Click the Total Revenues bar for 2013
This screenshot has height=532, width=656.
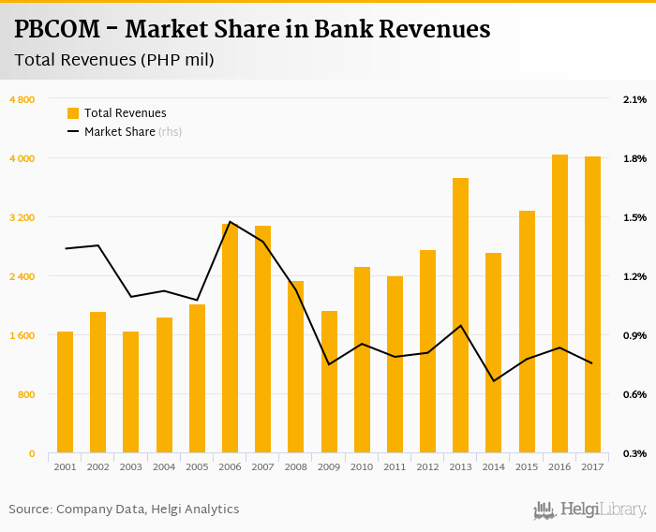pyautogui.click(x=460, y=316)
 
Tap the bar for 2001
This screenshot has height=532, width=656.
pyautogui.click(x=65, y=392)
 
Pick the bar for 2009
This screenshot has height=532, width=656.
pyautogui.click(x=329, y=382)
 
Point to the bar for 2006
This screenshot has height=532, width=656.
pyautogui.click(x=230, y=338)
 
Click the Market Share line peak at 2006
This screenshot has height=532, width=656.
pyautogui.click(x=230, y=222)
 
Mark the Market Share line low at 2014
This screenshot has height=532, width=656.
pyautogui.click(x=493, y=381)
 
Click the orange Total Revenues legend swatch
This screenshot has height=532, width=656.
pyautogui.click(x=73, y=113)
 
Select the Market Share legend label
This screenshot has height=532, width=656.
pyautogui.click(x=120, y=132)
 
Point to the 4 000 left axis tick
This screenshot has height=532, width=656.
pyautogui.click(x=22, y=158)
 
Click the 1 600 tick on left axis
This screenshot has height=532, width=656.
pyautogui.click(x=22, y=335)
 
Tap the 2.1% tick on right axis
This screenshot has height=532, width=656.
pyautogui.click(x=634, y=99)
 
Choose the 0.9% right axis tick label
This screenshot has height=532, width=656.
pyautogui.click(x=634, y=335)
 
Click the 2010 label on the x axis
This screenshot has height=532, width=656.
pyautogui.click(x=362, y=466)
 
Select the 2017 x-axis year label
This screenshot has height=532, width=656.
pyautogui.click(x=592, y=466)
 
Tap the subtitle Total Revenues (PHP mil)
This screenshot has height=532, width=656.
pyautogui.click(x=114, y=61)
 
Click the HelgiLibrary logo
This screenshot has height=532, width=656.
pyautogui.click(x=589, y=510)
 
